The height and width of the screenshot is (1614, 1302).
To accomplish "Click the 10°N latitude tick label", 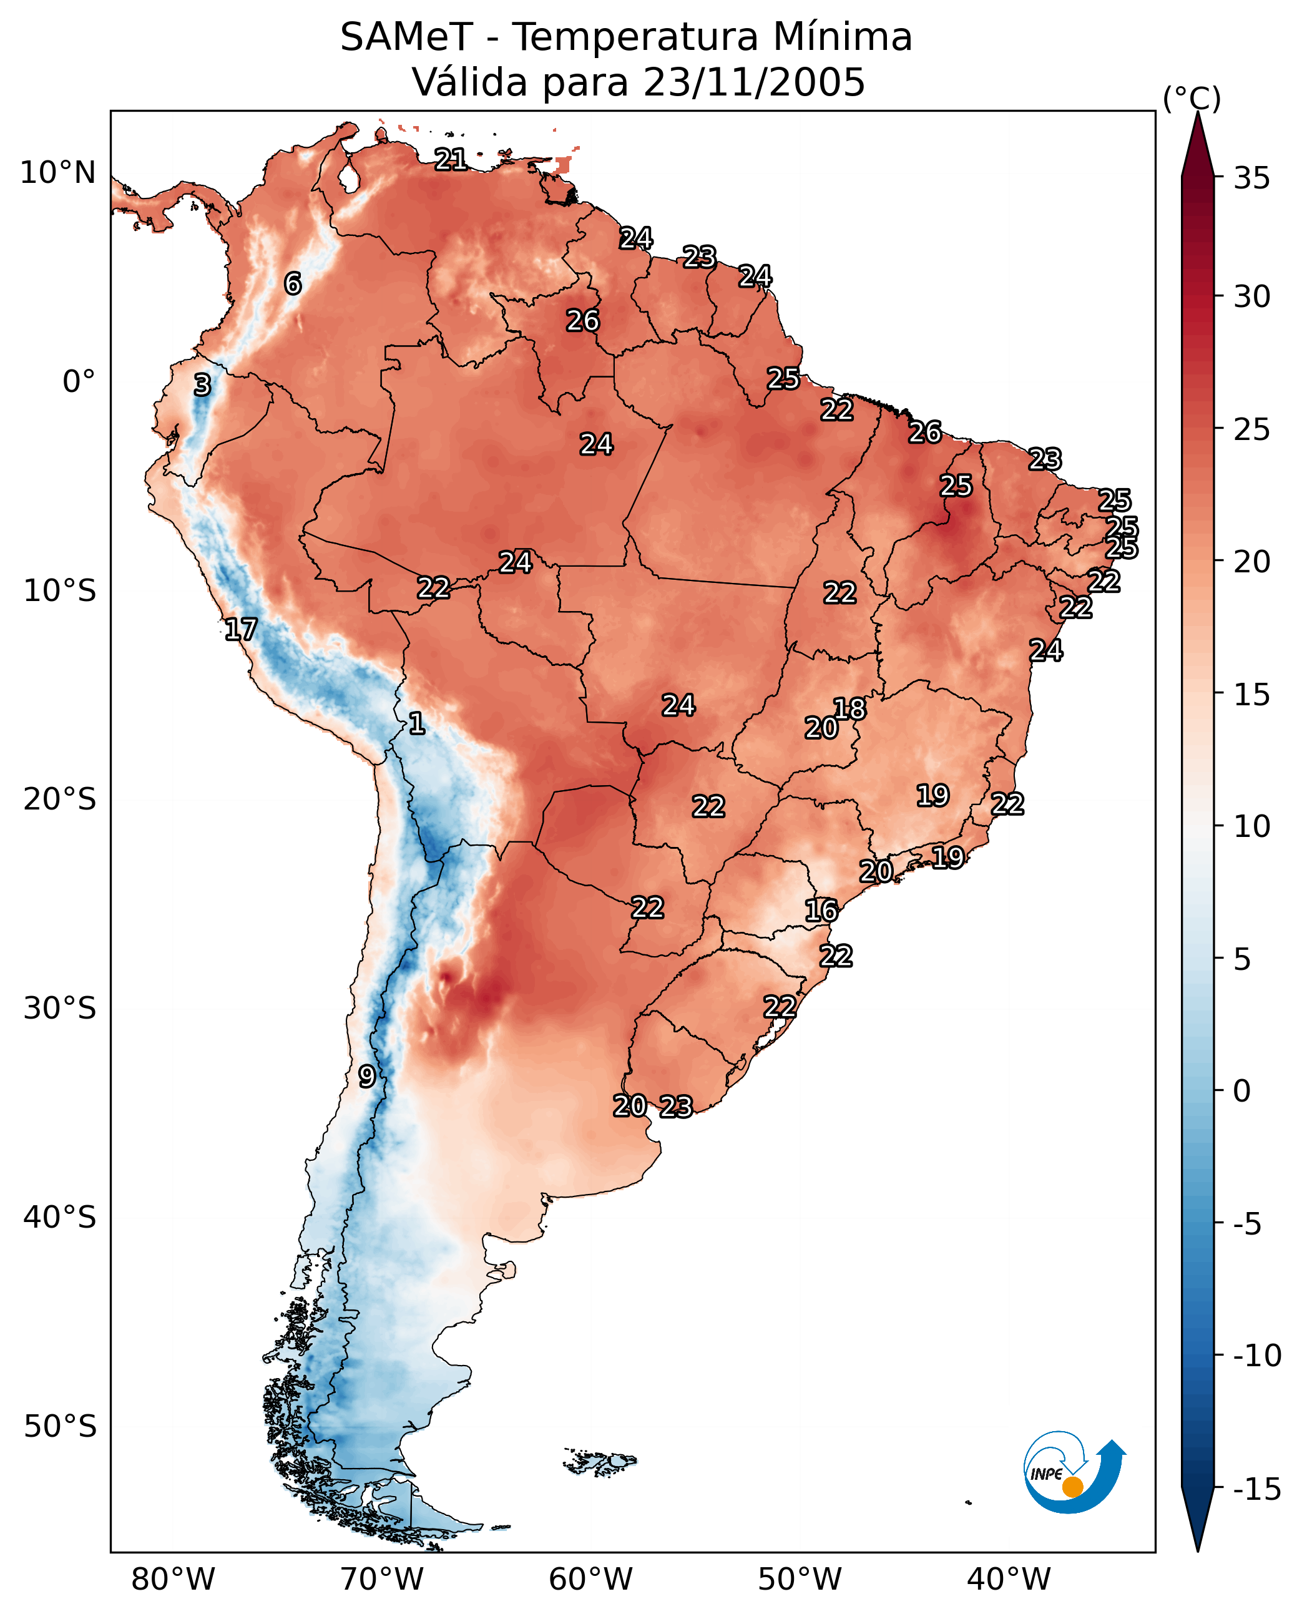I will coord(58,174).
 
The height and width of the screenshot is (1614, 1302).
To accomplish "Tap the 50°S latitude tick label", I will coord(60,1426).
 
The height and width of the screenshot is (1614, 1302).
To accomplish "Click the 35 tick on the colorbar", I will coord(1251,179).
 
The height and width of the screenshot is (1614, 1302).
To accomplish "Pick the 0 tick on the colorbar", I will coord(1242,1091).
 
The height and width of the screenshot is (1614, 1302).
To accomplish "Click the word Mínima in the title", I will coord(842,37).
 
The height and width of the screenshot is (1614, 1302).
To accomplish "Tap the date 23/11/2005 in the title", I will coord(754,82).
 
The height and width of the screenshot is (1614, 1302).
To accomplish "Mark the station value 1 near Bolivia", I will coord(417,723).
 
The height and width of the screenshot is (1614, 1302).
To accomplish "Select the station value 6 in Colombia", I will coord(293,283).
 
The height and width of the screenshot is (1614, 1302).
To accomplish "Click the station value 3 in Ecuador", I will coord(202,384).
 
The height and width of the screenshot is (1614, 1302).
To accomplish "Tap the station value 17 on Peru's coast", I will coord(241,629).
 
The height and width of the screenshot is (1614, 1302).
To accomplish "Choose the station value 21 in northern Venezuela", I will coord(451,159).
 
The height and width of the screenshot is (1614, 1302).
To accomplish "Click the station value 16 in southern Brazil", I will coord(821,911).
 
